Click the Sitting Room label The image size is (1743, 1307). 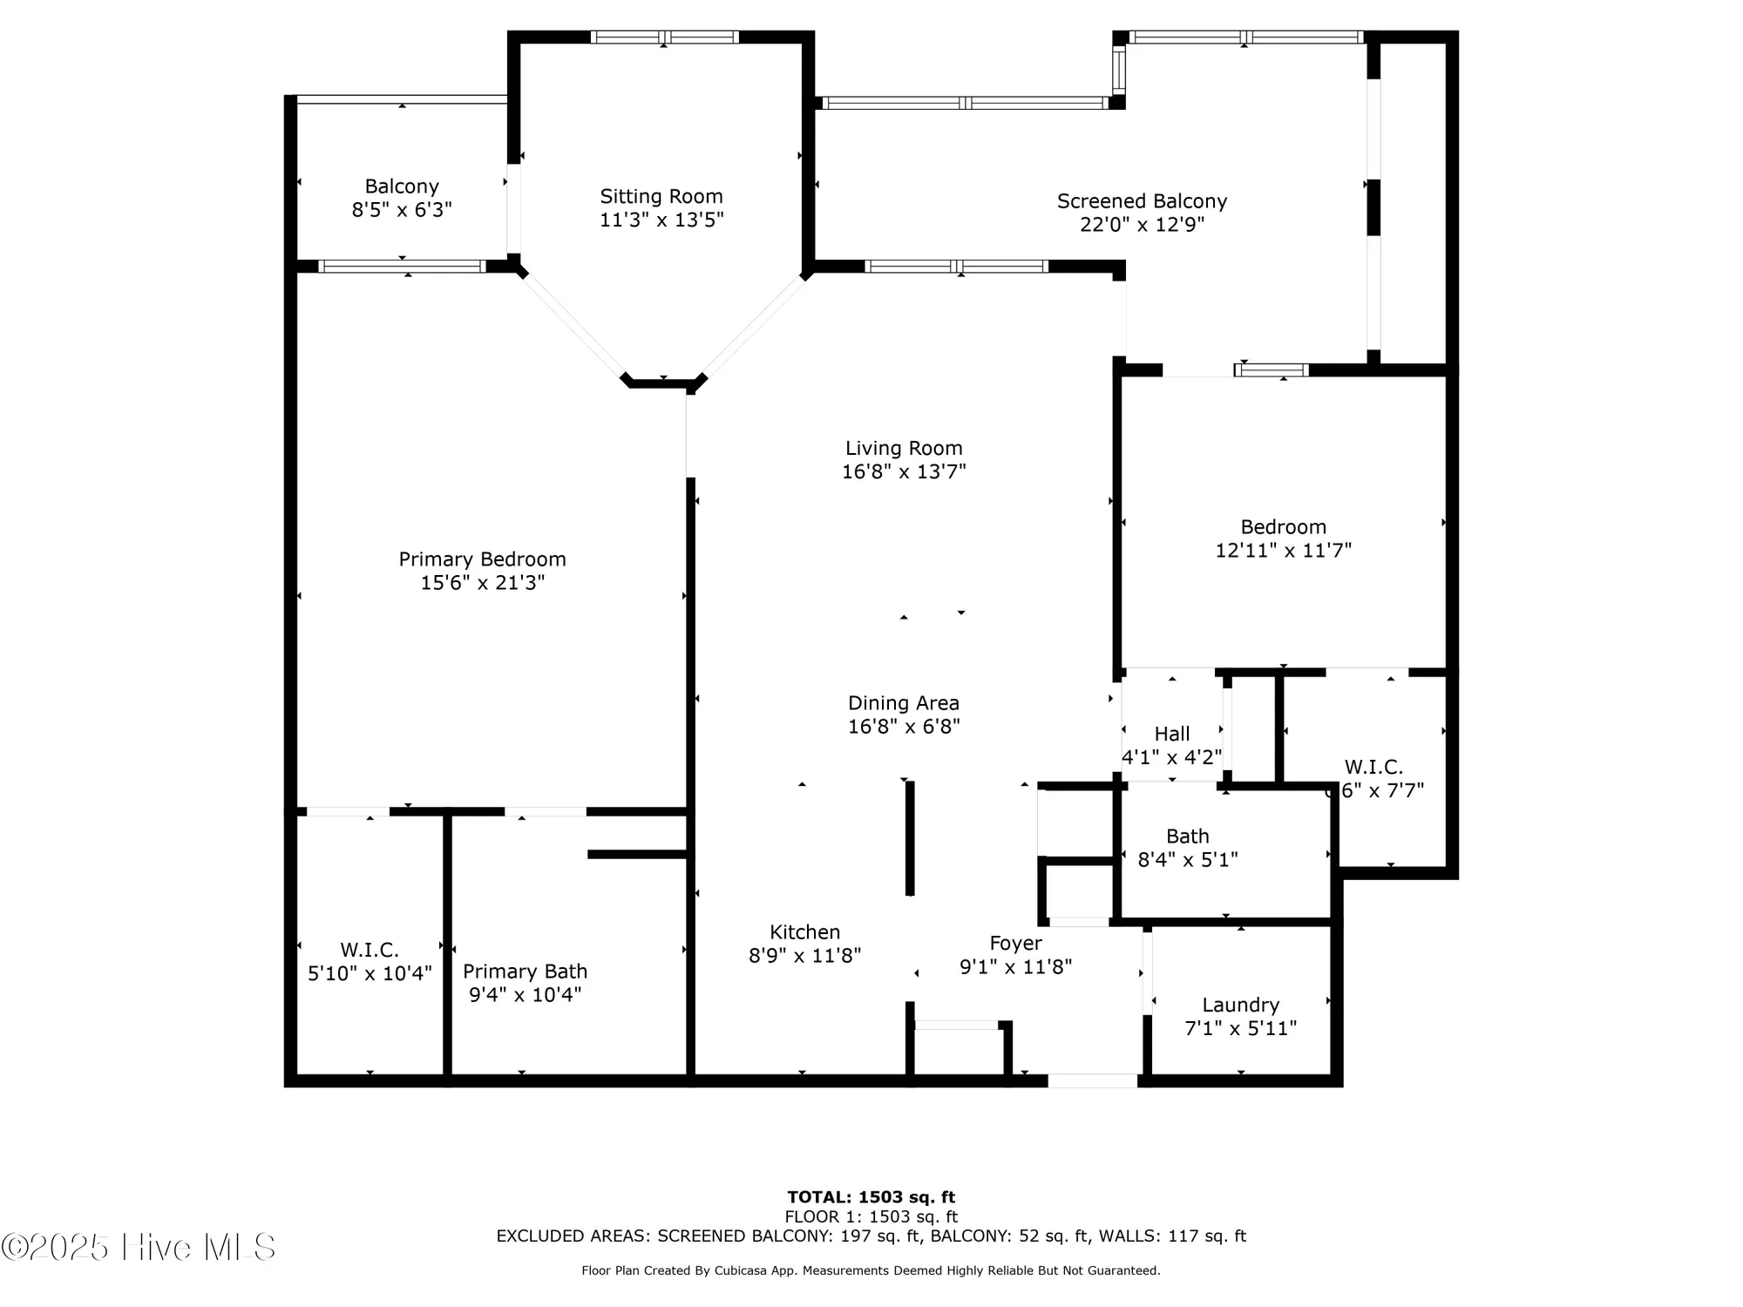[661, 196]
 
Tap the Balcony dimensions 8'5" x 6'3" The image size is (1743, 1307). [402, 210]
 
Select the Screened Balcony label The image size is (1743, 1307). [1142, 201]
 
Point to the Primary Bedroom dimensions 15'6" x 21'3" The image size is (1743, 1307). [482, 582]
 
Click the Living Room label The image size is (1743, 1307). [904, 448]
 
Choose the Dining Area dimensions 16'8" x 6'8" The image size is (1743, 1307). [904, 726]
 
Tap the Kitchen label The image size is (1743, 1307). [804, 931]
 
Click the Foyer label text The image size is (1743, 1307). [1015, 943]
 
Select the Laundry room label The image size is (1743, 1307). [1240, 1005]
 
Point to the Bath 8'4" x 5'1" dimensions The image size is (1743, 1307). [1188, 859]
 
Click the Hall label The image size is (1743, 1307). [1171, 734]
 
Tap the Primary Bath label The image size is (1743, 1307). [525, 971]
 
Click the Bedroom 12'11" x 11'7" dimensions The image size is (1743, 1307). [1283, 550]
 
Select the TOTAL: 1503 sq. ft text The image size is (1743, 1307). [871, 1197]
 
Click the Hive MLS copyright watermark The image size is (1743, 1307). [139, 1247]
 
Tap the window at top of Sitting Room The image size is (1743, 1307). [664, 37]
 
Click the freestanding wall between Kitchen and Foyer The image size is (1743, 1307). [910, 837]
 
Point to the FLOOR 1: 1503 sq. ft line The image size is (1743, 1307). [871, 1216]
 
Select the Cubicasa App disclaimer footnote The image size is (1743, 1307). [871, 1270]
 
